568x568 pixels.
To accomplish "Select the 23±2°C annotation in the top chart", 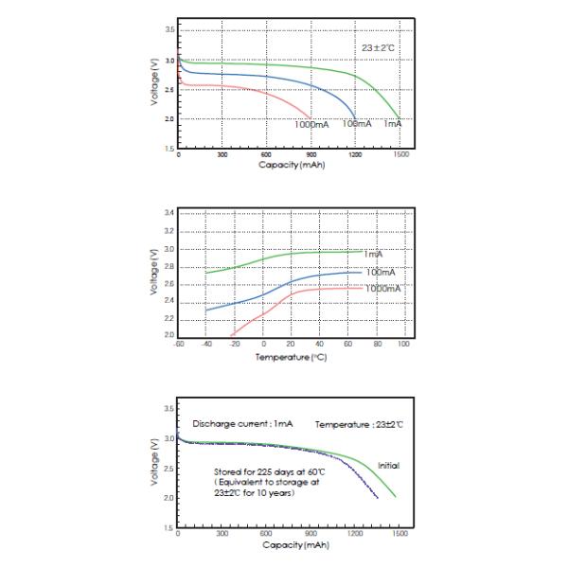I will pyautogui.click(x=378, y=44).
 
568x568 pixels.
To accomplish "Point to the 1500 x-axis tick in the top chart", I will pyautogui.click(x=401, y=153).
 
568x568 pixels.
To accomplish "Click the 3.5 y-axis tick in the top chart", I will pyautogui.click(x=169, y=30).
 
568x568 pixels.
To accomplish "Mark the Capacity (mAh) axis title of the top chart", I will pyautogui.click(x=291, y=164).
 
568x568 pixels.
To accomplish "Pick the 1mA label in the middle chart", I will pyautogui.click(x=373, y=254).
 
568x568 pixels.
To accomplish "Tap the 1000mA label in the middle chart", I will pyautogui.click(x=382, y=287).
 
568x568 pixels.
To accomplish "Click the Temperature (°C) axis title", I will pyautogui.click(x=291, y=357).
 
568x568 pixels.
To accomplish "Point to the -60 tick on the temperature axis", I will pyautogui.click(x=177, y=344).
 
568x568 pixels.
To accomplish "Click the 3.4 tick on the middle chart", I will pyautogui.click(x=169, y=213).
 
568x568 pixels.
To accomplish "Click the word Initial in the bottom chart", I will pyautogui.click(x=388, y=466).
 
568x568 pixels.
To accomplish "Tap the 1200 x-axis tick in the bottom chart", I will pyautogui.click(x=357, y=534).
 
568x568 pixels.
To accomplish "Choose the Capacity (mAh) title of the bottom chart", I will pyautogui.click(x=291, y=544).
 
